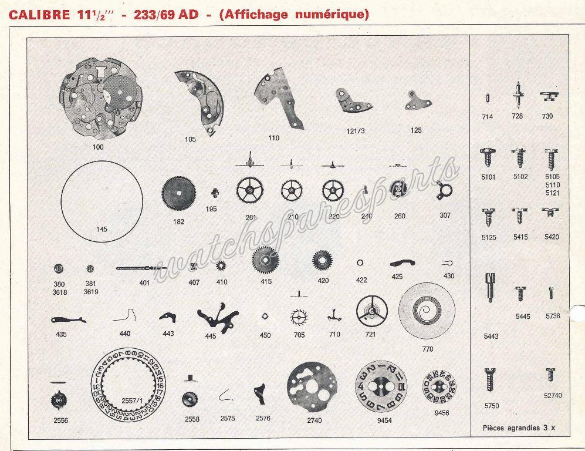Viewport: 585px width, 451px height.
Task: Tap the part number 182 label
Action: [x=178, y=221]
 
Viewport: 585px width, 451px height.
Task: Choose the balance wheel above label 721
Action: [x=372, y=311]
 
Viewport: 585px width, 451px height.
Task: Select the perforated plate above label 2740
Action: [x=312, y=388]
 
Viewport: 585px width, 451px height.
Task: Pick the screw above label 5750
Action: [x=491, y=378]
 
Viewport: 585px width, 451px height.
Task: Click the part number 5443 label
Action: [x=492, y=336]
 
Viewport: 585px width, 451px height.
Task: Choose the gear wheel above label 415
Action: [x=265, y=258]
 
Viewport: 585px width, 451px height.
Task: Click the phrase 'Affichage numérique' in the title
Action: [x=293, y=15]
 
